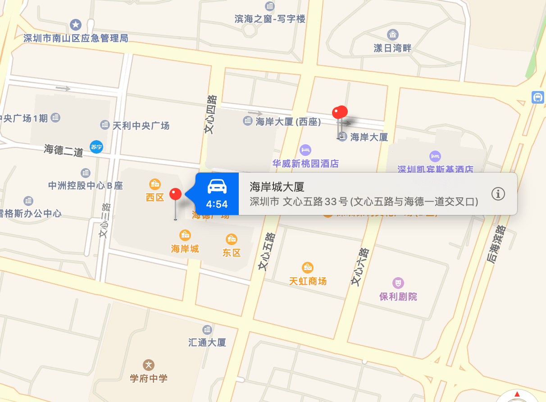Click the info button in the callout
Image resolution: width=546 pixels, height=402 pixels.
click(498, 194)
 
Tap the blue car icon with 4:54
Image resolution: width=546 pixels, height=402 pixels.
click(217, 194)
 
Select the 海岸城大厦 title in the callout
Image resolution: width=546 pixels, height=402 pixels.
click(277, 187)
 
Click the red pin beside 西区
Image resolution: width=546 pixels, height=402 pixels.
click(175, 194)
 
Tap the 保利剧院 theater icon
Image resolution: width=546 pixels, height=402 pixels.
click(398, 283)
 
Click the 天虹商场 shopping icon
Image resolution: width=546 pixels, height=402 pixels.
click(308, 268)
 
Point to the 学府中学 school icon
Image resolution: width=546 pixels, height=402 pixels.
click(149, 365)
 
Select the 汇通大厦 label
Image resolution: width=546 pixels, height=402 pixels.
click(207, 343)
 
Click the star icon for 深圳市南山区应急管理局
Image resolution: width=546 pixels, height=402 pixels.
click(76, 24)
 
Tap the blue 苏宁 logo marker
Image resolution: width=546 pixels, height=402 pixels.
click(96, 146)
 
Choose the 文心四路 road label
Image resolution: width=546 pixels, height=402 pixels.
click(210, 114)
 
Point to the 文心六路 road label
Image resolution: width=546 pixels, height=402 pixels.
click(360, 267)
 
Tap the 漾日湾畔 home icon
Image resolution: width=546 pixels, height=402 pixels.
click(393, 34)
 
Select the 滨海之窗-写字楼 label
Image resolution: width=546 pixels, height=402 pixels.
click(270, 19)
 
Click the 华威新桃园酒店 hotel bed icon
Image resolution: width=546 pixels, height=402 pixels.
click(305, 150)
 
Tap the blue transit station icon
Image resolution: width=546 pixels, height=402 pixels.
click(537, 97)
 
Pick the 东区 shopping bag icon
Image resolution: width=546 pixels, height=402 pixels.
click(232, 239)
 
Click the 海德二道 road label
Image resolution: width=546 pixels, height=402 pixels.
click(64, 150)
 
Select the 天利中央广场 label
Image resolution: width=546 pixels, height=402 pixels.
click(141, 126)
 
